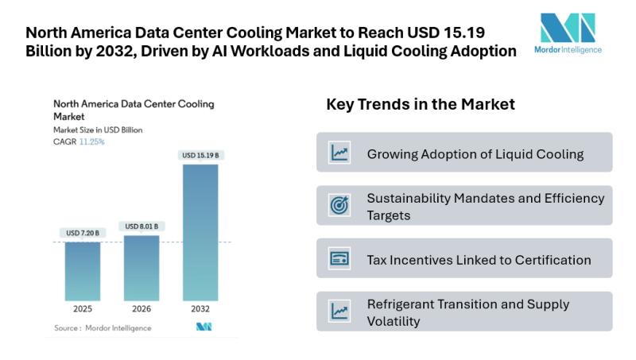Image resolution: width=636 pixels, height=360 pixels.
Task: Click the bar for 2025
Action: click(83, 270)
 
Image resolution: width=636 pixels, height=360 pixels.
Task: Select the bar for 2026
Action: click(142, 267)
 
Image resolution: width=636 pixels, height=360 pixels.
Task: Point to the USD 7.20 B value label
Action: click(83, 233)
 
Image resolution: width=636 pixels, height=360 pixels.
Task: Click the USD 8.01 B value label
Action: click(142, 226)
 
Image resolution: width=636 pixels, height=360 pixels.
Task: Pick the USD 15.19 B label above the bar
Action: click(200, 156)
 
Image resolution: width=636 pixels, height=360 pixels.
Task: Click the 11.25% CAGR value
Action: click(91, 141)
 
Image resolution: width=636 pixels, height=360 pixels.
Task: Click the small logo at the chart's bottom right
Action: click(204, 327)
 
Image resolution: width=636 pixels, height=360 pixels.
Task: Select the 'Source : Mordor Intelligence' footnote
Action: click(103, 327)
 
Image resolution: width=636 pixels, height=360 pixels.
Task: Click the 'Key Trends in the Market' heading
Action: click(421, 104)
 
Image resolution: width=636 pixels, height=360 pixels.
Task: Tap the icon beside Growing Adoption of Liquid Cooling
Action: click(339, 153)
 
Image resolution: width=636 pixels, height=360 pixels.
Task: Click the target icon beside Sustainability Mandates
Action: click(339, 205)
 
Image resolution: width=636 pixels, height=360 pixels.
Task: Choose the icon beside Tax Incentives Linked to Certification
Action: click(339, 258)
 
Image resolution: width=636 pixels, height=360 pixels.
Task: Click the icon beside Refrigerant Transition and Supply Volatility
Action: click(339, 312)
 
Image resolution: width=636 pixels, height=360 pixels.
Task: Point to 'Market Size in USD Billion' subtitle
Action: click(98, 130)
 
